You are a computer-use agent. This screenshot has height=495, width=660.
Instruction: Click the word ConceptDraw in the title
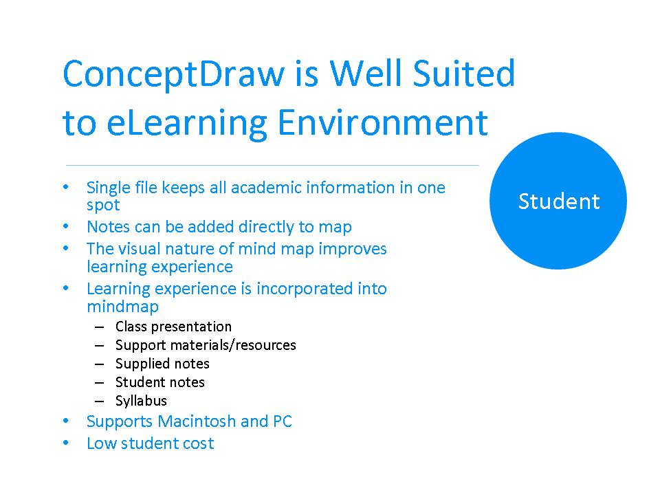(174, 74)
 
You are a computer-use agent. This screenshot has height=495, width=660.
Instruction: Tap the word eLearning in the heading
(187, 124)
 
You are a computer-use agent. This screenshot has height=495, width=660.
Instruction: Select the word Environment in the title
(383, 122)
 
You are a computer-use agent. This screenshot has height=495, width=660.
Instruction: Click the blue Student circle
(558, 201)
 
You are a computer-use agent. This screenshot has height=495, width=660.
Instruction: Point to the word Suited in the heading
(464, 74)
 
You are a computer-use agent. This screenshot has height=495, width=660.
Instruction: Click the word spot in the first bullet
(103, 206)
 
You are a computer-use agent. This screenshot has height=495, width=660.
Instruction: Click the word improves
(353, 249)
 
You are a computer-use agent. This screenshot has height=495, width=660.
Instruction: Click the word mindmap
(122, 307)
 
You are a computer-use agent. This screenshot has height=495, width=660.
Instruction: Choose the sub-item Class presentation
(173, 327)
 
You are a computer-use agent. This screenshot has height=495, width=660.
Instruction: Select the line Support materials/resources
(206, 345)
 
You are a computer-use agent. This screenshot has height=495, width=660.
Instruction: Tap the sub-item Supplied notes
(162, 364)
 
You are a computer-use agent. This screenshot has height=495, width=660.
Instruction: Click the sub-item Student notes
(160, 382)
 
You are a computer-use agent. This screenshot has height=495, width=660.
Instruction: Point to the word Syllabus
(141, 401)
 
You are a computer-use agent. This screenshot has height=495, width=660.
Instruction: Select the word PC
(283, 421)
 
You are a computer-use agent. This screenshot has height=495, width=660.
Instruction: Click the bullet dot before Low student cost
(66, 443)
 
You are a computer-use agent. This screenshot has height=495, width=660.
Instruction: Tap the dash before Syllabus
(99, 401)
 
